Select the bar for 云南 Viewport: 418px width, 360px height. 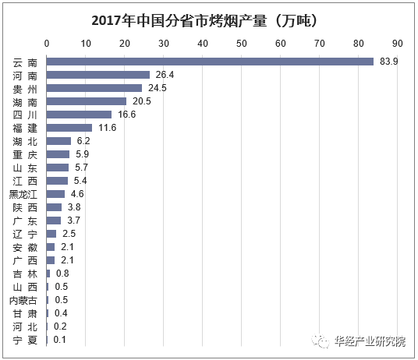click(210, 61)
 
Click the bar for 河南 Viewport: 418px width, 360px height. click(97, 74)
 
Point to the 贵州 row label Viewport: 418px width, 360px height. click(24, 87)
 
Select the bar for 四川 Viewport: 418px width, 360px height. click(79, 114)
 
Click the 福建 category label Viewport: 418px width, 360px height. click(24, 128)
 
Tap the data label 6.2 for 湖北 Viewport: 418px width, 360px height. click(83, 141)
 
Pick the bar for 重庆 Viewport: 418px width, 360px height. click(58, 154)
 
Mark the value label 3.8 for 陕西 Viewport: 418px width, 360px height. click(74, 207)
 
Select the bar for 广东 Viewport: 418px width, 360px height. click(54, 221)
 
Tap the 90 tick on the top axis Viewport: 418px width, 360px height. click(397, 43)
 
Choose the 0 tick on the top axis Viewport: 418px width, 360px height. click(47, 43)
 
